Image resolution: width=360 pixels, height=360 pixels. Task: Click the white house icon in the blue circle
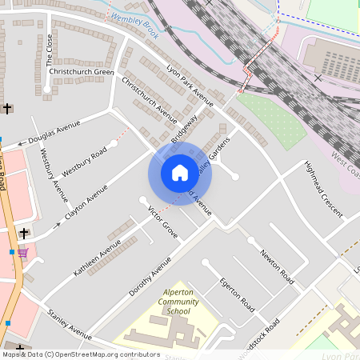(x=180, y=172)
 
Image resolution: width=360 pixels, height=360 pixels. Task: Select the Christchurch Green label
(x=82, y=71)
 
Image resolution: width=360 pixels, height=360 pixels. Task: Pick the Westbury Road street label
(x=84, y=162)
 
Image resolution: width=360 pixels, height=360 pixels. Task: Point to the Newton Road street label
(x=277, y=267)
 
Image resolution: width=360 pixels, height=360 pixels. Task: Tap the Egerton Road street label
(x=237, y=295)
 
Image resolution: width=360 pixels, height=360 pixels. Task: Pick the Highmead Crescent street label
(x=322, y=190)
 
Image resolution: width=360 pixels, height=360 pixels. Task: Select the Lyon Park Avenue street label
(x=190, y=85)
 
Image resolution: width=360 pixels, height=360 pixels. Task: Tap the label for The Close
(x=50, y=50)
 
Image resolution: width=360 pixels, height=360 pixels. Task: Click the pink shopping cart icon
(x=23, y=253)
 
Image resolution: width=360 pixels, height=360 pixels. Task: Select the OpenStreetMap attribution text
(x=80, y=354)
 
